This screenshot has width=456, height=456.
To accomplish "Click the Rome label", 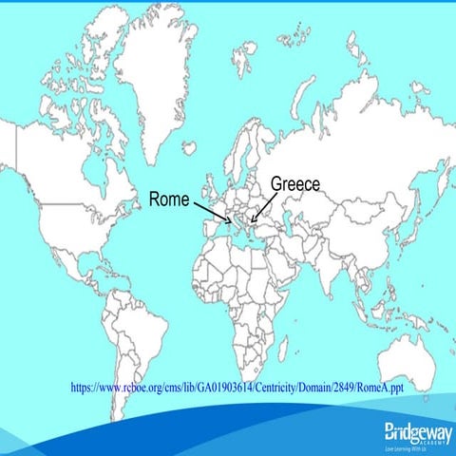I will [168, 199].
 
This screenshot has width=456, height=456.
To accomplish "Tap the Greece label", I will [295, 184].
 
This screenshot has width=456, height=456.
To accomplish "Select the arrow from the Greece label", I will [264, 206].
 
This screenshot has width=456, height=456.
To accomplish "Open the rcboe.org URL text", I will [237, 388].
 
